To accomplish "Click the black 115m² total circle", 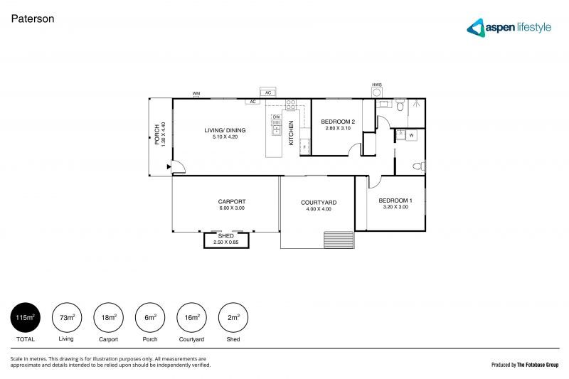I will [23, 317].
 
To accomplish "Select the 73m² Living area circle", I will [66, 317].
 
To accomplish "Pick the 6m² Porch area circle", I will [149, 317].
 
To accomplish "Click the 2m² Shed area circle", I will [233, 317].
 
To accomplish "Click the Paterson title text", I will [32, 19].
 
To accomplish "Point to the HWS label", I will [377, 85].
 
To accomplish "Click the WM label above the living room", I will [196, 93].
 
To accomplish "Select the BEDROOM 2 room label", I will [338, 122].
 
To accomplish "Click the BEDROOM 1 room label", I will [395, 201].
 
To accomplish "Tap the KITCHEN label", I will [291, 133].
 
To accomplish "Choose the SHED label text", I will [226, 235].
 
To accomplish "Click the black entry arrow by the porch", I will [168, 167].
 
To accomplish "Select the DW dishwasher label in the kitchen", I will [276, 117].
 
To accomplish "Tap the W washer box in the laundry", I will [410, 134].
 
